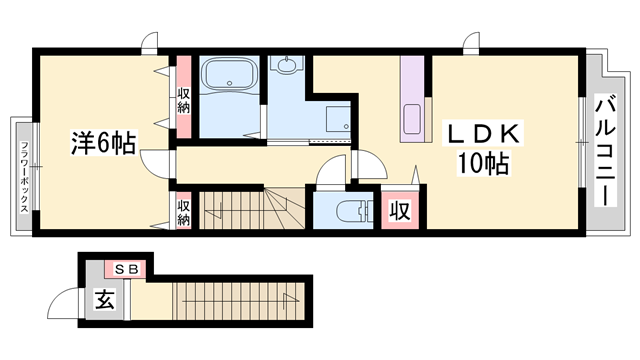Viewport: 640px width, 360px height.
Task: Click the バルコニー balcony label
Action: pos(604,150)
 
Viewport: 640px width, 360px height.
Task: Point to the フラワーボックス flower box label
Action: pos(22,176)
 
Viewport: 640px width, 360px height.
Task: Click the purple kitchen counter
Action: pos(412,100)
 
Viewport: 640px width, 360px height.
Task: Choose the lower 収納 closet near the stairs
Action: pos(184,211)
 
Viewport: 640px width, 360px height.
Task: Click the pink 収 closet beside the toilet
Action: pos(398,210)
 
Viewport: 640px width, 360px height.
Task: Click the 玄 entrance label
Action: pos(103,298)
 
